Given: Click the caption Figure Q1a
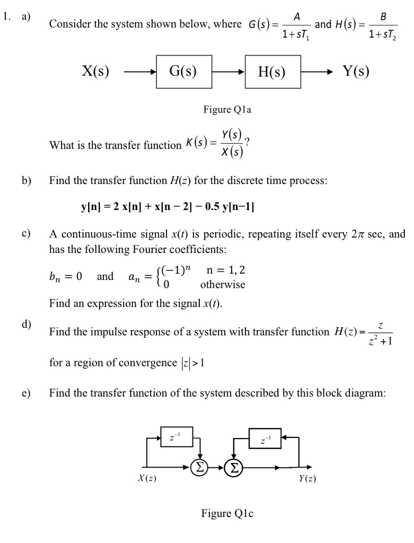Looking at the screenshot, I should click(227, 110).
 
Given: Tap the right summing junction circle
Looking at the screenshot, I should click(232, 467).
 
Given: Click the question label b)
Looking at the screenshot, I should click(27, 180).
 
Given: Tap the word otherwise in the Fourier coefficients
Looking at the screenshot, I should click(223, 285).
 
